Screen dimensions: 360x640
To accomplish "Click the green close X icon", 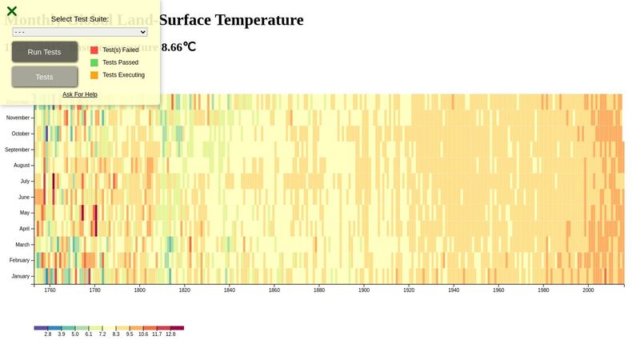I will (x=12, y=11).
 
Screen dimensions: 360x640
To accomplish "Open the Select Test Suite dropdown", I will (x=80, y=32).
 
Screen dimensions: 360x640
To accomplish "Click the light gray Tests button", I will (x=45, y=77).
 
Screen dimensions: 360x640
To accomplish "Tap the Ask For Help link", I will (x=80, y=94).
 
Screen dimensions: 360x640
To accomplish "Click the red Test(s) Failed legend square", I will (x=94, y=50).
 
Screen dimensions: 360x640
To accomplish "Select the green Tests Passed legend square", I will (x=94, y=62).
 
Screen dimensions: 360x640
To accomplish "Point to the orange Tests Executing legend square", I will (x=94, y=75).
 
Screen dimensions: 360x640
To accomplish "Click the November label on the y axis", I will (x=18, y=118).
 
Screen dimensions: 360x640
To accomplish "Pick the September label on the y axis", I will (x=17, y=150).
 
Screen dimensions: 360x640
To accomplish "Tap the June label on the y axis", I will (x=24, y=197).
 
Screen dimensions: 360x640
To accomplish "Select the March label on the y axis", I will (x=22, y=245).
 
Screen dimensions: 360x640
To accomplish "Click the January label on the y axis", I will (x=21, y=276).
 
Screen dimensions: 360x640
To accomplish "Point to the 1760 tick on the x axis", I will (x=50, y=290).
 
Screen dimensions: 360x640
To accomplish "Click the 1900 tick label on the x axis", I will (x=364, y=290).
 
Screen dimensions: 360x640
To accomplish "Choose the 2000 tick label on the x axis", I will (x=588, y=290).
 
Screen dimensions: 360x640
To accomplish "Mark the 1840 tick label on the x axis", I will (x=230, y=290).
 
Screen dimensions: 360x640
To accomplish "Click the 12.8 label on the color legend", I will (x=170, y=334).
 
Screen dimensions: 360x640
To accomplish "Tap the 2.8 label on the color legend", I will (x=48, y=334).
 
